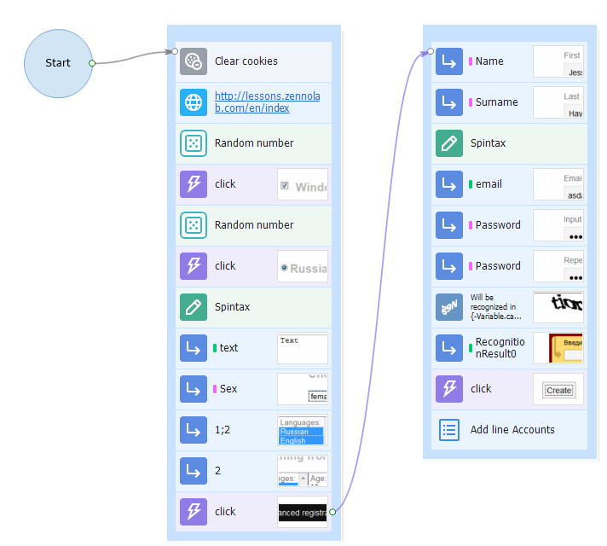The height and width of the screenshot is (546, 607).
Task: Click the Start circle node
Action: coord(58,63)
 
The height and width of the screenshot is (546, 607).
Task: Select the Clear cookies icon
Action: coord(194,61)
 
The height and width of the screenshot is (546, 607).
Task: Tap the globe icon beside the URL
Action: coord(194,102)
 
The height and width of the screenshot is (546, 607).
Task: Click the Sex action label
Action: coord(228,389)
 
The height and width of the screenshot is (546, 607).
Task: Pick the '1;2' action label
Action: coord(223,430)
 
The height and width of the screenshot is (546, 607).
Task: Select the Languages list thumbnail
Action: coord(302,430)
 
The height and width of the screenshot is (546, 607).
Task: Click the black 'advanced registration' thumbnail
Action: coord(302,512)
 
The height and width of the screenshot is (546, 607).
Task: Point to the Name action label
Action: coord(489,61)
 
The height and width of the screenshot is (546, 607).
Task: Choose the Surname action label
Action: coord(496,102)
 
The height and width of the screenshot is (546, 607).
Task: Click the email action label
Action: coord(488,184)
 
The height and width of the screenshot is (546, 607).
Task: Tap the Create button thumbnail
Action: coord(558,389)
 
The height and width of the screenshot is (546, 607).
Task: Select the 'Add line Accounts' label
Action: coord(512,430)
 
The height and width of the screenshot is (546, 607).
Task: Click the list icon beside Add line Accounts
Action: coord(449,430)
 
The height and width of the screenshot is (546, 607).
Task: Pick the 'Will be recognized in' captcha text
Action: coord(495,307)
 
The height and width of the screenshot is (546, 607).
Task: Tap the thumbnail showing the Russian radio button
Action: coord(302,266)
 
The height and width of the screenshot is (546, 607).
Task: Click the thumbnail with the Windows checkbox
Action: coord(302,184)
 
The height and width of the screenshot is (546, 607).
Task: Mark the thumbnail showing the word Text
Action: coord(302,348)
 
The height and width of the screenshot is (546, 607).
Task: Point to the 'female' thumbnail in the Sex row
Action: coord(302,389)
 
